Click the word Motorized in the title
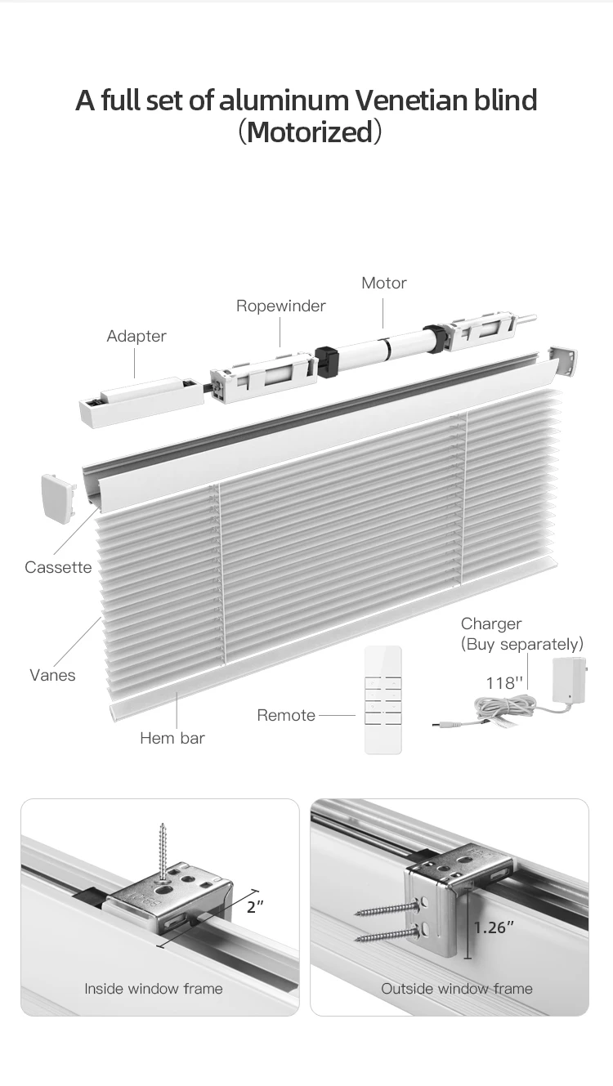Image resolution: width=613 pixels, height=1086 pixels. click(309, 132)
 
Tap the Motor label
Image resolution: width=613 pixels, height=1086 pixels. click(383, 283)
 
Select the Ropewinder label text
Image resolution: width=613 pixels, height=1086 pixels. click(280, 306)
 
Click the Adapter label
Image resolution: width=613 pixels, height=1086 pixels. click(136, 336)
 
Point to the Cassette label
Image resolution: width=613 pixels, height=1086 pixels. click(58, 567)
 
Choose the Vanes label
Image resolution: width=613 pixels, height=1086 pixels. click(52, 675)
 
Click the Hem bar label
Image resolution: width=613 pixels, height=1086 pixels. click(172, 738)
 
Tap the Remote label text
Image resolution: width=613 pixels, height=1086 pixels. click(286, 715)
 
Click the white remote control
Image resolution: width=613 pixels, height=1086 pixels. click(383, 699)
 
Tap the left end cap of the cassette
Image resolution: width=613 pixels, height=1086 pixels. click(57, 498)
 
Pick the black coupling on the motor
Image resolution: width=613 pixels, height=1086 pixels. click(328, 361)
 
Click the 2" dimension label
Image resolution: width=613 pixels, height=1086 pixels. click(255, 907)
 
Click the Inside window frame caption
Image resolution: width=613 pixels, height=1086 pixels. click(154, 989)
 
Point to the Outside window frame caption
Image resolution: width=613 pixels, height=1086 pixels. click(456, 989)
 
